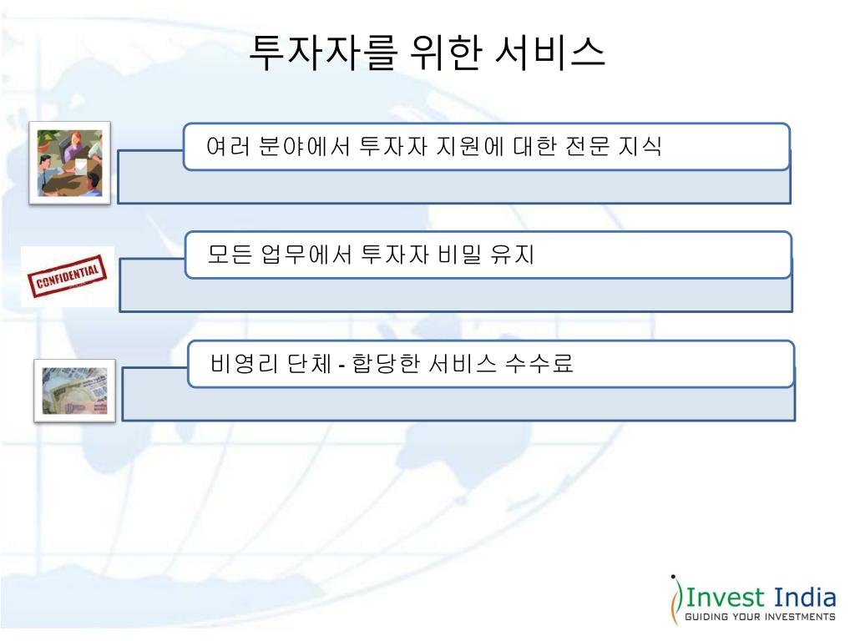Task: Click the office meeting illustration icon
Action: [69, 163]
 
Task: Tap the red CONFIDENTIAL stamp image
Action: [68, 276]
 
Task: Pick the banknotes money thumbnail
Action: [74, 391]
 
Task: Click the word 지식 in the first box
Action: [640, 147]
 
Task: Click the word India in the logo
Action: [805, 598]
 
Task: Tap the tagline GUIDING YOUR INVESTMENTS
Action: [760, 618]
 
